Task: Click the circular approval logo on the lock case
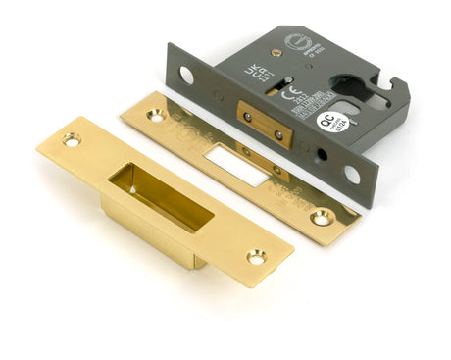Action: (x=296, y=42)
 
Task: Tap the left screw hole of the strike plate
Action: (x=71, y=140)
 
